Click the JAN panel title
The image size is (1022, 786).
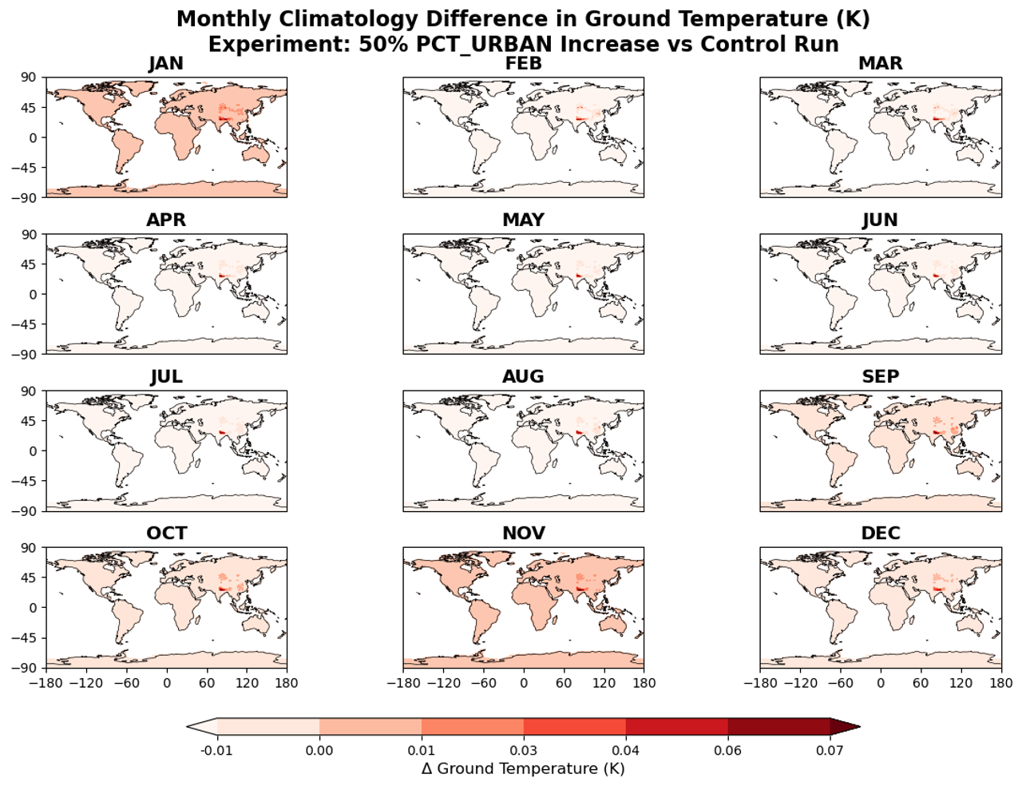coord(166,64)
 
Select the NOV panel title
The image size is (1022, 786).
coord(523,534)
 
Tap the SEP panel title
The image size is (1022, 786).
coord(880,377)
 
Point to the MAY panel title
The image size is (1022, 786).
coord(523,220)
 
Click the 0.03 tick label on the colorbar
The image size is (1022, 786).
coord(524,751)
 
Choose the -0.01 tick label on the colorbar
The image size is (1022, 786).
coord(216,751)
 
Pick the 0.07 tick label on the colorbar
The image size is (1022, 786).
coord(830,751)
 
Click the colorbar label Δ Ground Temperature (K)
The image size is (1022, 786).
coord(523,768)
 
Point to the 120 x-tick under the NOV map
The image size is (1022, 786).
coord(604,683)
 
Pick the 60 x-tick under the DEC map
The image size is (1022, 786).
coord(921,683)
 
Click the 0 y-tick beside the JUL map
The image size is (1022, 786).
coord(32,451)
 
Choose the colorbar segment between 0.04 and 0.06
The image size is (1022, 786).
coord(676,726)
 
